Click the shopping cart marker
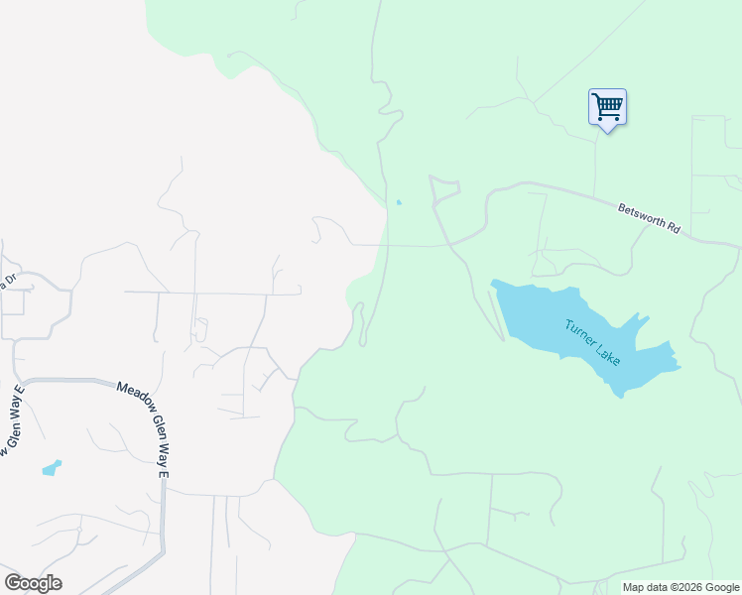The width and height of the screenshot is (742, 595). pyautogui.click(x=606, y=106)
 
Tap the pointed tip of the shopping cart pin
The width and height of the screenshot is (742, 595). pyautogui.click(x=606, y=130)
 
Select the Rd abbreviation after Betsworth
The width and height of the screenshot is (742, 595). pyautogui.click(x=674, y=227)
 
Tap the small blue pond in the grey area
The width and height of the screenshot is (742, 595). pyautogui.click(x=51, y=467)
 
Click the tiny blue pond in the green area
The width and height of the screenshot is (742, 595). pyautogui.click(x=399, y=203)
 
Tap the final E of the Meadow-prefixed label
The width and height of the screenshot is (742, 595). pyautogui.click(x=165, y=475)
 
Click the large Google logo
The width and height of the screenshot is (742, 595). pyautogui.click(x=34, y=583)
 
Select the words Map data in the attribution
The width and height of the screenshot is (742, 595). pyautogui.click(x=645, y=588)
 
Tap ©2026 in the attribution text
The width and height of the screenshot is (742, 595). pyautogui.click(x=685, y=588)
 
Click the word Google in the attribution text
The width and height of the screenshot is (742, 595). pyautogui.click(x=721, y=588)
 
